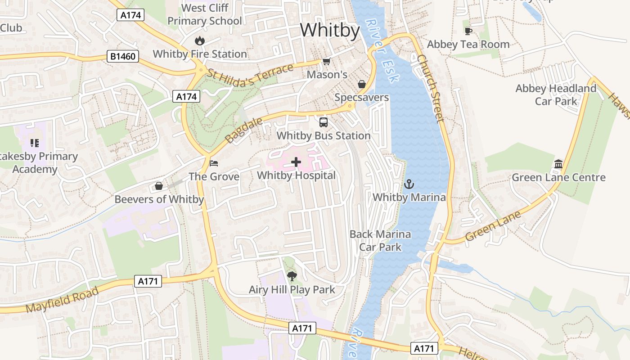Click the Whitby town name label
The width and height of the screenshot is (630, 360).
pos(330,31)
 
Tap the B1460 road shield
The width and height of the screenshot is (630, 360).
pos(123,57)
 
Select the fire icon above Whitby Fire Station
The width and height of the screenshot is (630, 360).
pos(199,41)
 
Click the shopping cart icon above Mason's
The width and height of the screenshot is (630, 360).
pos(326,62)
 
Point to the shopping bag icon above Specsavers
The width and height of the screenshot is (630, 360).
pos(361,84)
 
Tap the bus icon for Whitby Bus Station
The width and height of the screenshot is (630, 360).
pos(323,122)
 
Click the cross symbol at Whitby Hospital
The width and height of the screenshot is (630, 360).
pos(296,162)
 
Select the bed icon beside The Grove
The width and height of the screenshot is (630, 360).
pos(214,163)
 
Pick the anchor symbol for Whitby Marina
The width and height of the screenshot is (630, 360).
pos(409,184)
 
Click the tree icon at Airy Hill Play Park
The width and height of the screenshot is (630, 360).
pos(292,276)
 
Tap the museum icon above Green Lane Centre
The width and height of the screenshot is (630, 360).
pos(558,164)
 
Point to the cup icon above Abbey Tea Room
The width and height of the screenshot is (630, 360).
pos(468,31)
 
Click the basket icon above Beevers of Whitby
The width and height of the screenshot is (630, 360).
pos(159,186)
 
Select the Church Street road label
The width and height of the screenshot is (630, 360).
pos(431,88)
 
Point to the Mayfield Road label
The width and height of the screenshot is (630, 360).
pos(62,300)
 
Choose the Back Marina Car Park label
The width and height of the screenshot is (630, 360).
pos(380,240)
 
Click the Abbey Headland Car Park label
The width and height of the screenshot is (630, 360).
pos(556,94)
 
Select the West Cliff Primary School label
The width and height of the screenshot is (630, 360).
pos(205,14)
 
